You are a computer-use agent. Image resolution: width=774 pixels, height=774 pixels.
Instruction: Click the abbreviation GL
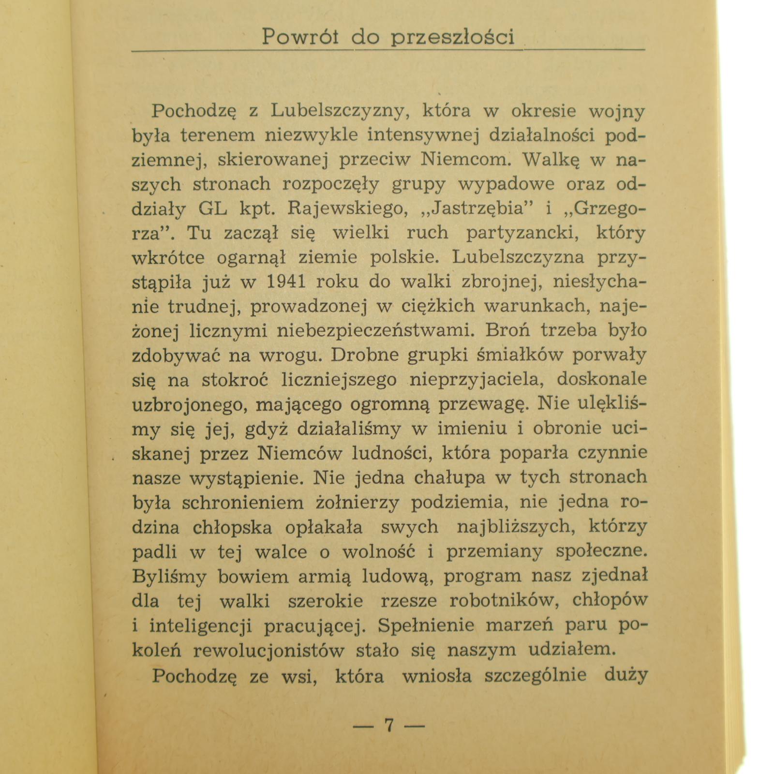coord(212,208)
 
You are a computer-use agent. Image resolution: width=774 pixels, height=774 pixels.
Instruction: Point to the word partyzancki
coord(522,233)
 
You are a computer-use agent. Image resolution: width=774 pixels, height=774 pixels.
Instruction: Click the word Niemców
coord(299,453)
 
